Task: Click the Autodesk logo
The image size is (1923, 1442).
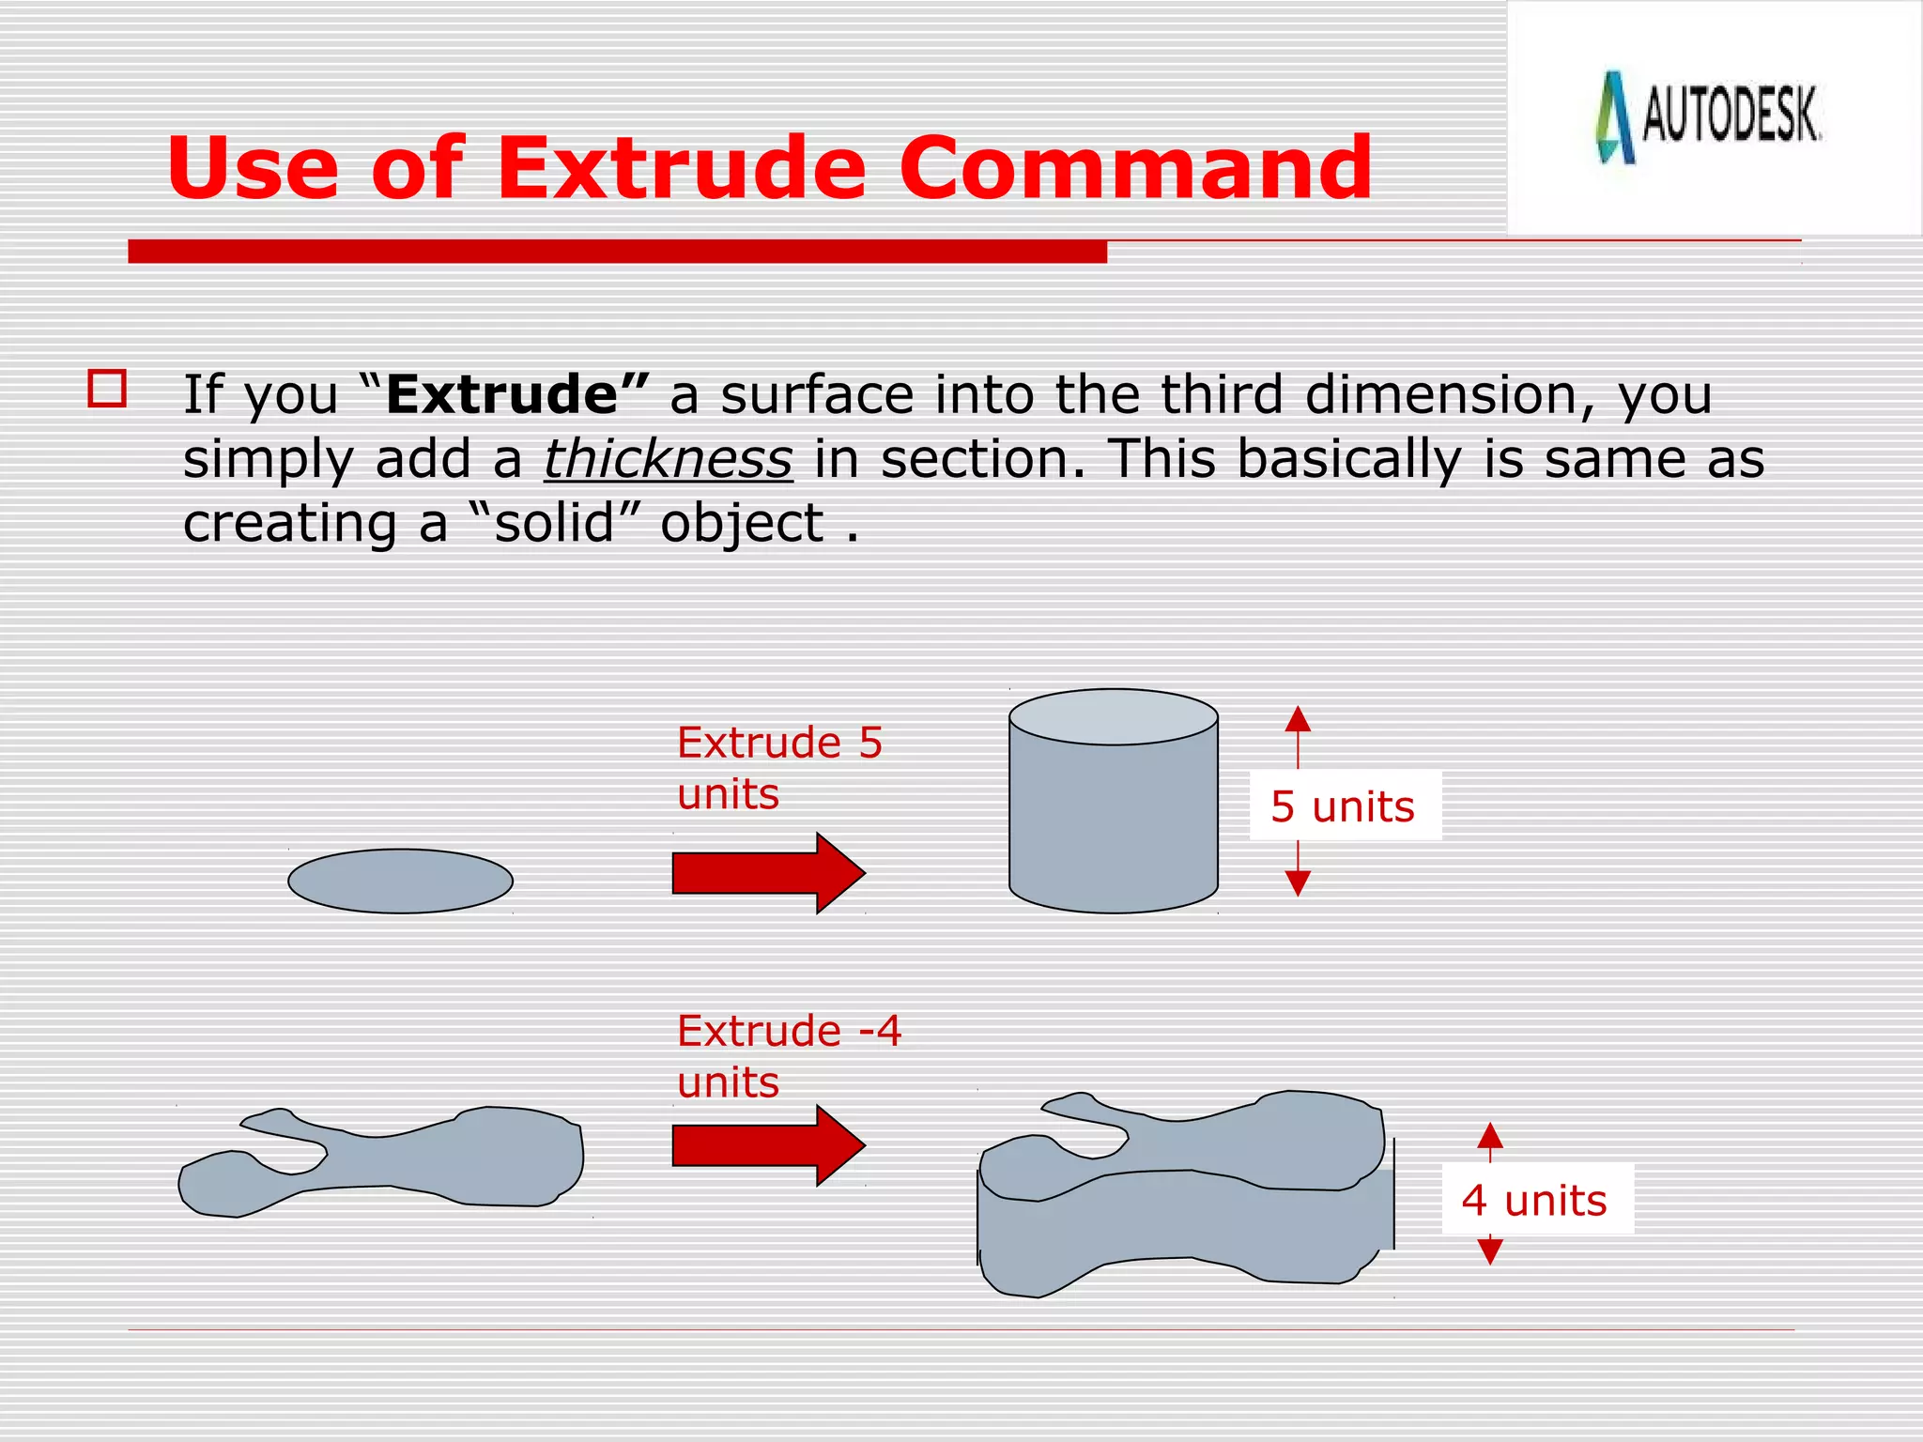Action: pos(1709,117)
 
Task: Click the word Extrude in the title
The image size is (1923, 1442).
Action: pos(681,169)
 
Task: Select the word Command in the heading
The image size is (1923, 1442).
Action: pos(1136,169)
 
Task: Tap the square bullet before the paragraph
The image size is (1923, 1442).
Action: pos(107,389)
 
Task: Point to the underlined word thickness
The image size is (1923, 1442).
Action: pos(668,459)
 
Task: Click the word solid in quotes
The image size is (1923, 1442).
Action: pos(554,523)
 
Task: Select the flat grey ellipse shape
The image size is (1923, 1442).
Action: pos(401,881)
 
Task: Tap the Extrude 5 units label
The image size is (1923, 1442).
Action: pos(779,768)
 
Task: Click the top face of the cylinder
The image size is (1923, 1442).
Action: pos(1114,717)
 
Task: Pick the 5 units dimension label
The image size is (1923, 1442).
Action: pos(1344,806)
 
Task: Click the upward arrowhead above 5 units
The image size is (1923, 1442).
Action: pos(1298,720)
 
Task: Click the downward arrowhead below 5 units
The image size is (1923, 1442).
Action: pos(1298,882)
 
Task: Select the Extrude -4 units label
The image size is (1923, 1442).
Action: pos(789,1056)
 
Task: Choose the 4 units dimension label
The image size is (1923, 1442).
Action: pos(1536,1200)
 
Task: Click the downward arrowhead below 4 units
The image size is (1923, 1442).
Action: pos(1490,1250)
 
